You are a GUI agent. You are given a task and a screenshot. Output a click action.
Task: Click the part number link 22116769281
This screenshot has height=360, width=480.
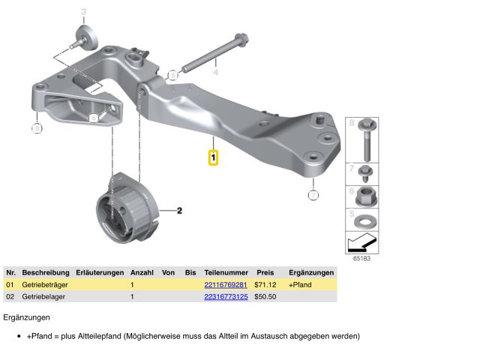coord(226,285)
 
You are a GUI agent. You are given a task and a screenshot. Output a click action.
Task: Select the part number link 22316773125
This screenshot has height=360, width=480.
coord(226,297)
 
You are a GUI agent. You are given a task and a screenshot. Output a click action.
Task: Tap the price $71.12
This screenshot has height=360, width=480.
coord(265,285)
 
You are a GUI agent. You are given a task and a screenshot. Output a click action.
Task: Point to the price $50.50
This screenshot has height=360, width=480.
coord(265,297)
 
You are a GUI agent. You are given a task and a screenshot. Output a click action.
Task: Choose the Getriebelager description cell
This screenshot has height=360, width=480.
coord(43,297)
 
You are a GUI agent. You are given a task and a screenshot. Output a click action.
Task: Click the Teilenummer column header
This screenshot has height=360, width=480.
coord(226,272)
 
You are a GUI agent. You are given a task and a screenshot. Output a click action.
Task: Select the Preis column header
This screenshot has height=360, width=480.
coord(265,272)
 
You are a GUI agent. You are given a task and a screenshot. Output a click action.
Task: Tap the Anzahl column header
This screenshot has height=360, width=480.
coord(142,272)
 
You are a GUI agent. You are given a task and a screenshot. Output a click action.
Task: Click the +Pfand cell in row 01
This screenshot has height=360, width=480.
coord(300,285)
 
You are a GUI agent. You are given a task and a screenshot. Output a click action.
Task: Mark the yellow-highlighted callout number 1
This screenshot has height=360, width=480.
coord(213,158)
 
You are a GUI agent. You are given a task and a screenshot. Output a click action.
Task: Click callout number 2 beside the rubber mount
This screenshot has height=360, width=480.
coord(180,211)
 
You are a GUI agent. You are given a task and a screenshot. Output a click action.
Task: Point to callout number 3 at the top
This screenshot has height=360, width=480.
coord(83,11)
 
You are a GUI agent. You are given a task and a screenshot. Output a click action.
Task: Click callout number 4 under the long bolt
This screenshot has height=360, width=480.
coord(215,72)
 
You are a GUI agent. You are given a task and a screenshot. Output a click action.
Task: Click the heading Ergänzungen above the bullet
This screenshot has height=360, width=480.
coord(26,318)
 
